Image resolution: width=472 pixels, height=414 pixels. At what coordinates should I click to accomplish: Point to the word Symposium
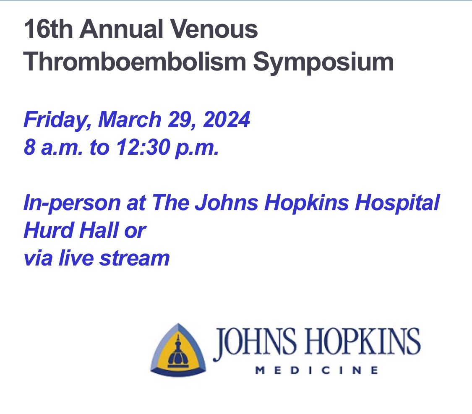324,63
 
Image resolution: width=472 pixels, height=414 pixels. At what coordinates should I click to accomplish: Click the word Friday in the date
57,121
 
